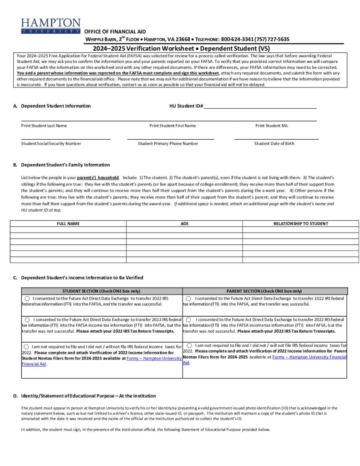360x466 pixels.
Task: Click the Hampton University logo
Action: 50,26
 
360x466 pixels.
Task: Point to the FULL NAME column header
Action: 68,223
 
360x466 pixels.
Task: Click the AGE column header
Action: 184,223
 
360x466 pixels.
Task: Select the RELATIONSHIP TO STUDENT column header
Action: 300,223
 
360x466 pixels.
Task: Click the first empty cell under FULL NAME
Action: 68,230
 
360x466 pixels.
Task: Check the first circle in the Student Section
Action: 27,298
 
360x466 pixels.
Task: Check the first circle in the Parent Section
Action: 188,298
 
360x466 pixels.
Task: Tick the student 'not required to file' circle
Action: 27,347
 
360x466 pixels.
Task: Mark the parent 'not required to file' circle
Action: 189,345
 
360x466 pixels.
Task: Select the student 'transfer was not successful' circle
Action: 27,320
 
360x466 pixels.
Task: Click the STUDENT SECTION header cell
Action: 101,291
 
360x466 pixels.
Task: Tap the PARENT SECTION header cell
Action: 264,291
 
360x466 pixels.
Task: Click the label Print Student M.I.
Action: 272,126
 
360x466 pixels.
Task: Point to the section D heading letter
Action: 15,396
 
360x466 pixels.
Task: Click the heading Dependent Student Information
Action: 56,106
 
